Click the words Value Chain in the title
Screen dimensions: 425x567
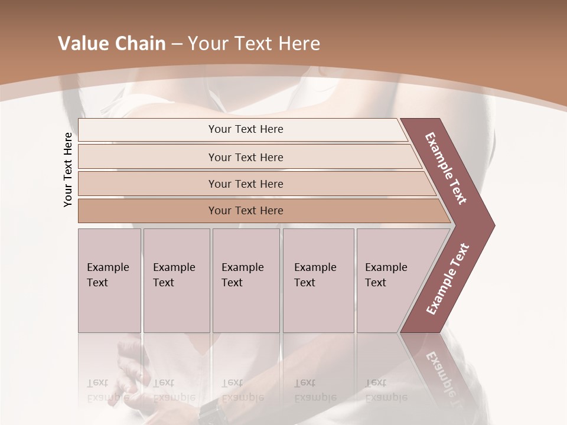(x=112, y=44)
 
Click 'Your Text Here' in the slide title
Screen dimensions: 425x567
(x=254, y=44)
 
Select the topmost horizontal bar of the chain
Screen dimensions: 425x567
(x=245, y=129)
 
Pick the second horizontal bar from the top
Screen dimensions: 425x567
(x=245, y=157)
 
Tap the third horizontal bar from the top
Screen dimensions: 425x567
(x=245, y=184)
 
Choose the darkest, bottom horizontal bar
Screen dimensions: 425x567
(x=245, y=211)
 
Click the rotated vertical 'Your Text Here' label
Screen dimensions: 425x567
(x=68, y=169)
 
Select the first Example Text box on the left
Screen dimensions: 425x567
(x=109, y=280)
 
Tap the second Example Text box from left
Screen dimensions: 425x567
(x=176, y=280)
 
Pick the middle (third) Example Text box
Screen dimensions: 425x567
(x=245, y=280)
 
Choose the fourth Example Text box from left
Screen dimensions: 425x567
(x=318, y=280)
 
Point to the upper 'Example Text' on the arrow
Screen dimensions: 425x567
(x=446, y=168)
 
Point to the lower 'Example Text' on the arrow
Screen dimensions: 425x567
(x=448, y=279)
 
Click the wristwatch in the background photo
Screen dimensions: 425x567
(x=208, y=408)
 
